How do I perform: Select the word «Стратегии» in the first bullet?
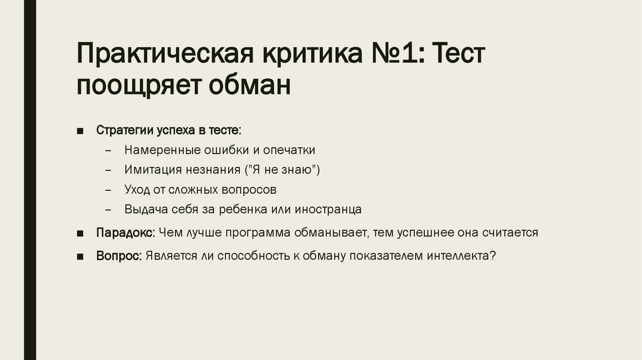121,131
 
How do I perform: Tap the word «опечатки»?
289,151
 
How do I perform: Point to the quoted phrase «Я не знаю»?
286,170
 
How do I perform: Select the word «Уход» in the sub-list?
136,189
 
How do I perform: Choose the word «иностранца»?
330,209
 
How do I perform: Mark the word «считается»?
510,233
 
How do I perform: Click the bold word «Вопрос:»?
119,256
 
